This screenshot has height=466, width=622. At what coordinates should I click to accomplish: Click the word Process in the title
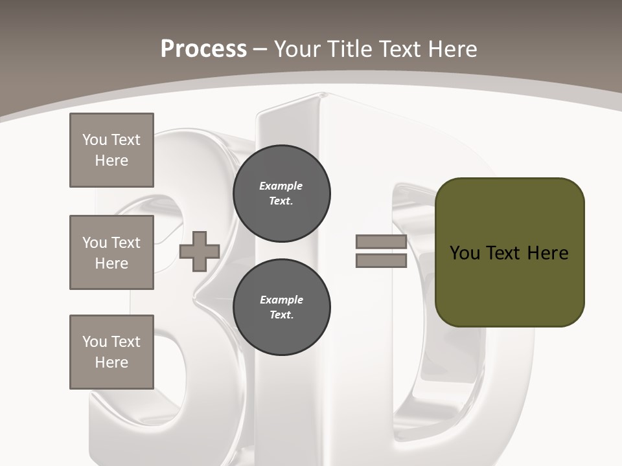coord(203,49)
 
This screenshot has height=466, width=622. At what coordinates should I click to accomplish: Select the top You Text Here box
coord(111,150)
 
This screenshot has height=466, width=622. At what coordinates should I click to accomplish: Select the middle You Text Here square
coord(111,252)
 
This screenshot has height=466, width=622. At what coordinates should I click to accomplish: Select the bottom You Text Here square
coord(111,352)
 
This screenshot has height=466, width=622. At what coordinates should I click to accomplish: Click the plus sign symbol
coord(200,251)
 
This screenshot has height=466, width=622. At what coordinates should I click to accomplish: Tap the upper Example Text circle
coord(282,194)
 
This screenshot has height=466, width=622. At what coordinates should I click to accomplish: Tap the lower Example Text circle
coord(282,307)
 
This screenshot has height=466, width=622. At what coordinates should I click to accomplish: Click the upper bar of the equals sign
coord(381,242)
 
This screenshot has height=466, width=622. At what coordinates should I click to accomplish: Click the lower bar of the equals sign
coord(381,261)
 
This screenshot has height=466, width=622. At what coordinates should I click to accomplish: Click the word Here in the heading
coord(451,49)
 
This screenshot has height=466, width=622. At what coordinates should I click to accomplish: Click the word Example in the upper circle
coord(281,186)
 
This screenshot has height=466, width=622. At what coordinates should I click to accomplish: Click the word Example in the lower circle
coord(281,300)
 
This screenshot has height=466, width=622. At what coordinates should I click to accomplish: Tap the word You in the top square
coord(95,140)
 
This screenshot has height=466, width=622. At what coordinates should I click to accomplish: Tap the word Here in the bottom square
coord(111,362)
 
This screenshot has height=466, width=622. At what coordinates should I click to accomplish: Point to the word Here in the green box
coord(547,253)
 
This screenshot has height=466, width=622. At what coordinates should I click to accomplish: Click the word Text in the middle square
coord(126,243)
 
